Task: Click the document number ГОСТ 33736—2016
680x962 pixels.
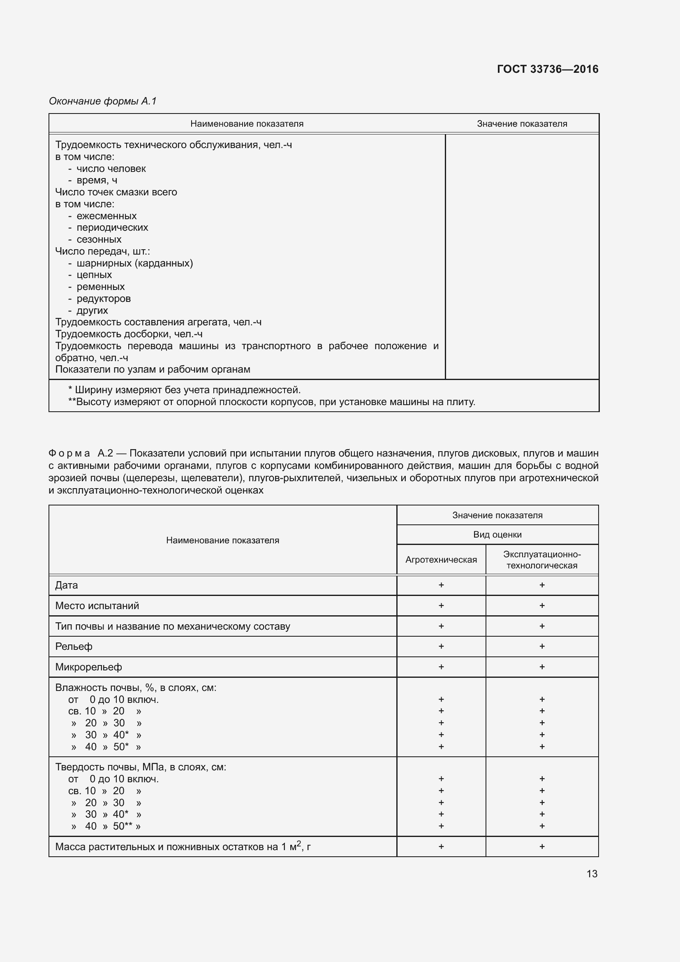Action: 547,69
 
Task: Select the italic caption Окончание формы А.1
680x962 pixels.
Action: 103,101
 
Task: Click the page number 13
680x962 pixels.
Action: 592,874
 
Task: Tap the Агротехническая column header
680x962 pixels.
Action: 441,560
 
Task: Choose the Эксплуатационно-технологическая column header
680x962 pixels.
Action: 542,560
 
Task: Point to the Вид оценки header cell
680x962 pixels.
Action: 497,535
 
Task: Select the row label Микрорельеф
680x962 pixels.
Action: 89,667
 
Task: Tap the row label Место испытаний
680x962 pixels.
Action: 97,605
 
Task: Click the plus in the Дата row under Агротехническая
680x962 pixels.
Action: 441,585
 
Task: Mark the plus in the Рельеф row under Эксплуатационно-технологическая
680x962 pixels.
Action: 542,646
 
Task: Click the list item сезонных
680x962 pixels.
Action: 99,239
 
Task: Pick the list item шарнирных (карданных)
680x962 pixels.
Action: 134,263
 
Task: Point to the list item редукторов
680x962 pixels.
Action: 104,299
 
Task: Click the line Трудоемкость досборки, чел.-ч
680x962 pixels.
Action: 129,334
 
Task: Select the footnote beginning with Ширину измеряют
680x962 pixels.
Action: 184,390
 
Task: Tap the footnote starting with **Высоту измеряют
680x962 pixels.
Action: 271,402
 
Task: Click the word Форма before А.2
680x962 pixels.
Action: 69,453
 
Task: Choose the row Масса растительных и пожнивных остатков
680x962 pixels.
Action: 183,847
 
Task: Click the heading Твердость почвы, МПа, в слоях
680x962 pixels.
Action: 141,767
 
